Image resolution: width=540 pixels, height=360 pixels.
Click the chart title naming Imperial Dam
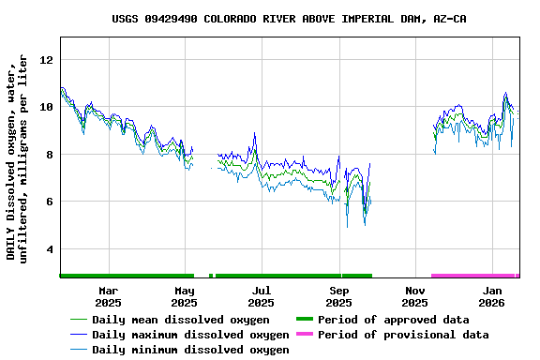pyautogui.click(x=289, y=19)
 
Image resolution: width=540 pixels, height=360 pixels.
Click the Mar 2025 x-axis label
pyautogui.click(x=108, y=296)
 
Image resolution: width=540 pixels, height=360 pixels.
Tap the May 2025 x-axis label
pyautogui.click(x=185, y=296)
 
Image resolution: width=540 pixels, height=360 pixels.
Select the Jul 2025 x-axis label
pyautogui.click(x=262, y=296)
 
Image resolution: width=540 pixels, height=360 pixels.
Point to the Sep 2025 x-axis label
pyautogui.click(x=338, y=296)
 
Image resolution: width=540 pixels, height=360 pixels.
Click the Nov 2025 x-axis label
pyautogui.click(x=414, y=296)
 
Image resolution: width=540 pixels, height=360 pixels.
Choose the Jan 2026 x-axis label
pyautogui.click(x=492, y=296)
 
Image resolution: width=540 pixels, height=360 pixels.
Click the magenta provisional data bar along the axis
pyautogui.click(x=473, y=276)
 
